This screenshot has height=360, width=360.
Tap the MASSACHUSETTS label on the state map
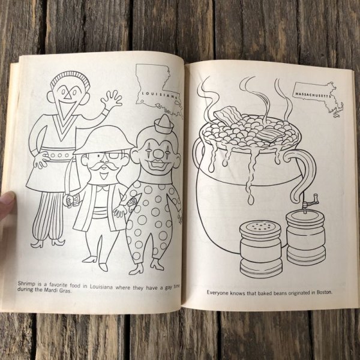[312, 94]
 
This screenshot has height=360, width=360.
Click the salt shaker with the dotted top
[260, 244]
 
